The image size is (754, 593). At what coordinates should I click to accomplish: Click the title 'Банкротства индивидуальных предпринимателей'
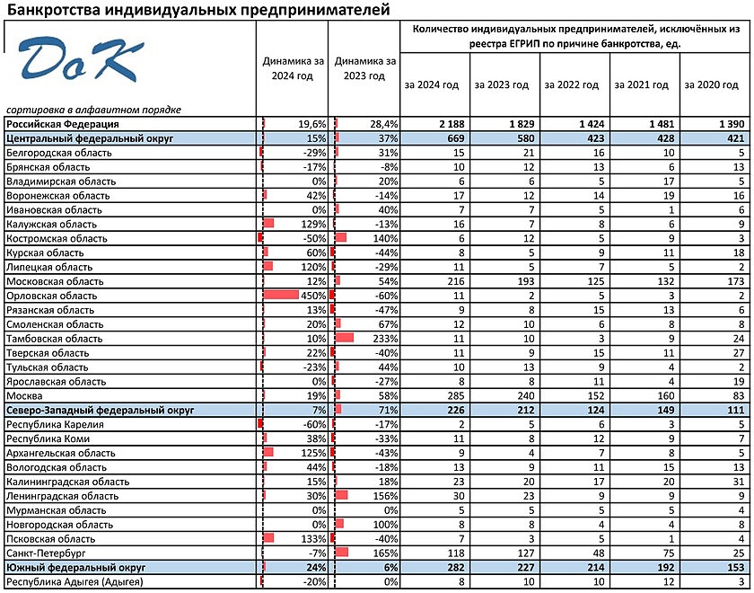point(198,11)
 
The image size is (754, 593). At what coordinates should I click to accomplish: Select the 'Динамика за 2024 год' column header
point(293,68)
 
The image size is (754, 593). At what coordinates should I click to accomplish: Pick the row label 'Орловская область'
point(52,296)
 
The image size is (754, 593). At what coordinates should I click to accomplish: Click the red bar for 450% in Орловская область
point(281,295)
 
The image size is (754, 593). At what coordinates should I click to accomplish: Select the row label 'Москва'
point(24,396)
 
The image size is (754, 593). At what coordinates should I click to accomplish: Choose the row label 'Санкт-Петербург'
point(46,553)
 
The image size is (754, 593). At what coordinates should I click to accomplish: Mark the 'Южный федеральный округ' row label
point(76,568)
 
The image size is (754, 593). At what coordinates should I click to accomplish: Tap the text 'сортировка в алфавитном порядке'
point(93,111)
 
